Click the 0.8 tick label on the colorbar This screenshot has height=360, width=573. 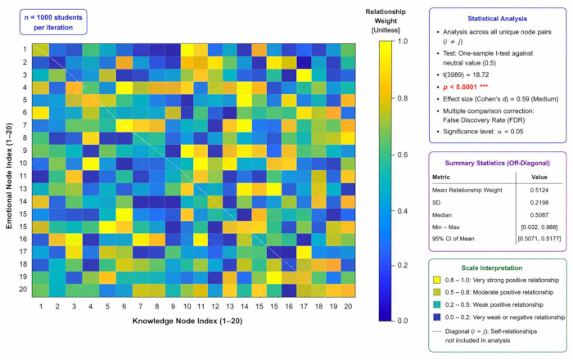[403, 98]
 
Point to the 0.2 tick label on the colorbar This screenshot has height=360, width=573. [403, 265]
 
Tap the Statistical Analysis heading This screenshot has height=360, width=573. [497, 19]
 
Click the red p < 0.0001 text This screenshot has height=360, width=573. [465, 87]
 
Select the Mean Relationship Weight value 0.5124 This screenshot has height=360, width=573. [539, 190]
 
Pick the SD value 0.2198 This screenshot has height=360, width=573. [539, 203]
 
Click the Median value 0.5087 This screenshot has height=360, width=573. [539, 215]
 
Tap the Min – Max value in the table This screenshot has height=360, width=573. [539, 227]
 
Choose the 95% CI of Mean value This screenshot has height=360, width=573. [539, 239]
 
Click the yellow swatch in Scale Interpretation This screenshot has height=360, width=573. [436, 280]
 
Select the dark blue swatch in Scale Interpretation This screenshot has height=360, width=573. [436, 317]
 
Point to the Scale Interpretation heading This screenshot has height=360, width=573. [491, 268]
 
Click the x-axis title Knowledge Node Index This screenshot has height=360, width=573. [187, 321]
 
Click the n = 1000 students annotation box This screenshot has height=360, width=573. [53, 22]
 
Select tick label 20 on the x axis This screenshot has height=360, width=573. [348, 307]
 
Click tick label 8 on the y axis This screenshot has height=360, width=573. [25, 138]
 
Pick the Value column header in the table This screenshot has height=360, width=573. [539, 177]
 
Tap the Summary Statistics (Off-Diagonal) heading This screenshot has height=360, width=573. [498, 163]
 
